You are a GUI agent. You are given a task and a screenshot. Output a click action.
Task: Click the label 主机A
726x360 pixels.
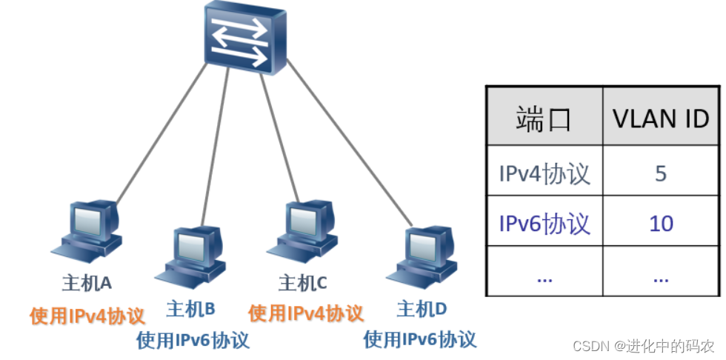[87, 283]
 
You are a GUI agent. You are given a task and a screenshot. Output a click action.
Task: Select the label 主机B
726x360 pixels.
[190, 308]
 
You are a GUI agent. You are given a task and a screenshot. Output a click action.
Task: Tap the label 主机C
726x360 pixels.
[302, 283]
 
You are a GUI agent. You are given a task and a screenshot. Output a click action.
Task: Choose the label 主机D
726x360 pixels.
[422, 308]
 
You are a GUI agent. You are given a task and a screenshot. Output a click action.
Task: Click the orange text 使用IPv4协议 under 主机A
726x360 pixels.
[87, 316]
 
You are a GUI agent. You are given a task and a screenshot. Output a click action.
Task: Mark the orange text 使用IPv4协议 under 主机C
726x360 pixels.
[306, 314]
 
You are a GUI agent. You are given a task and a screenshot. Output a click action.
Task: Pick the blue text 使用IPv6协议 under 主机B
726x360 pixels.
[193, 340]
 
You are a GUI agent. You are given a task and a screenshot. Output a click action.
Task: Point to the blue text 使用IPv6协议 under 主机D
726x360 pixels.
[419, 340]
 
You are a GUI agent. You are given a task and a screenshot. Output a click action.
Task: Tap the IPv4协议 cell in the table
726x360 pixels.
[544, 173]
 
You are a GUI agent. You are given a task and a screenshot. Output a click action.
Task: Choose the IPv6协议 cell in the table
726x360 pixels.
[544, 223]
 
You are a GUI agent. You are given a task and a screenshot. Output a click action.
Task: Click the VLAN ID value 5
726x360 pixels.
[661, 173]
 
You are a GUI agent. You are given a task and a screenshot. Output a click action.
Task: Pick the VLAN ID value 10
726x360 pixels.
[661, 223]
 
